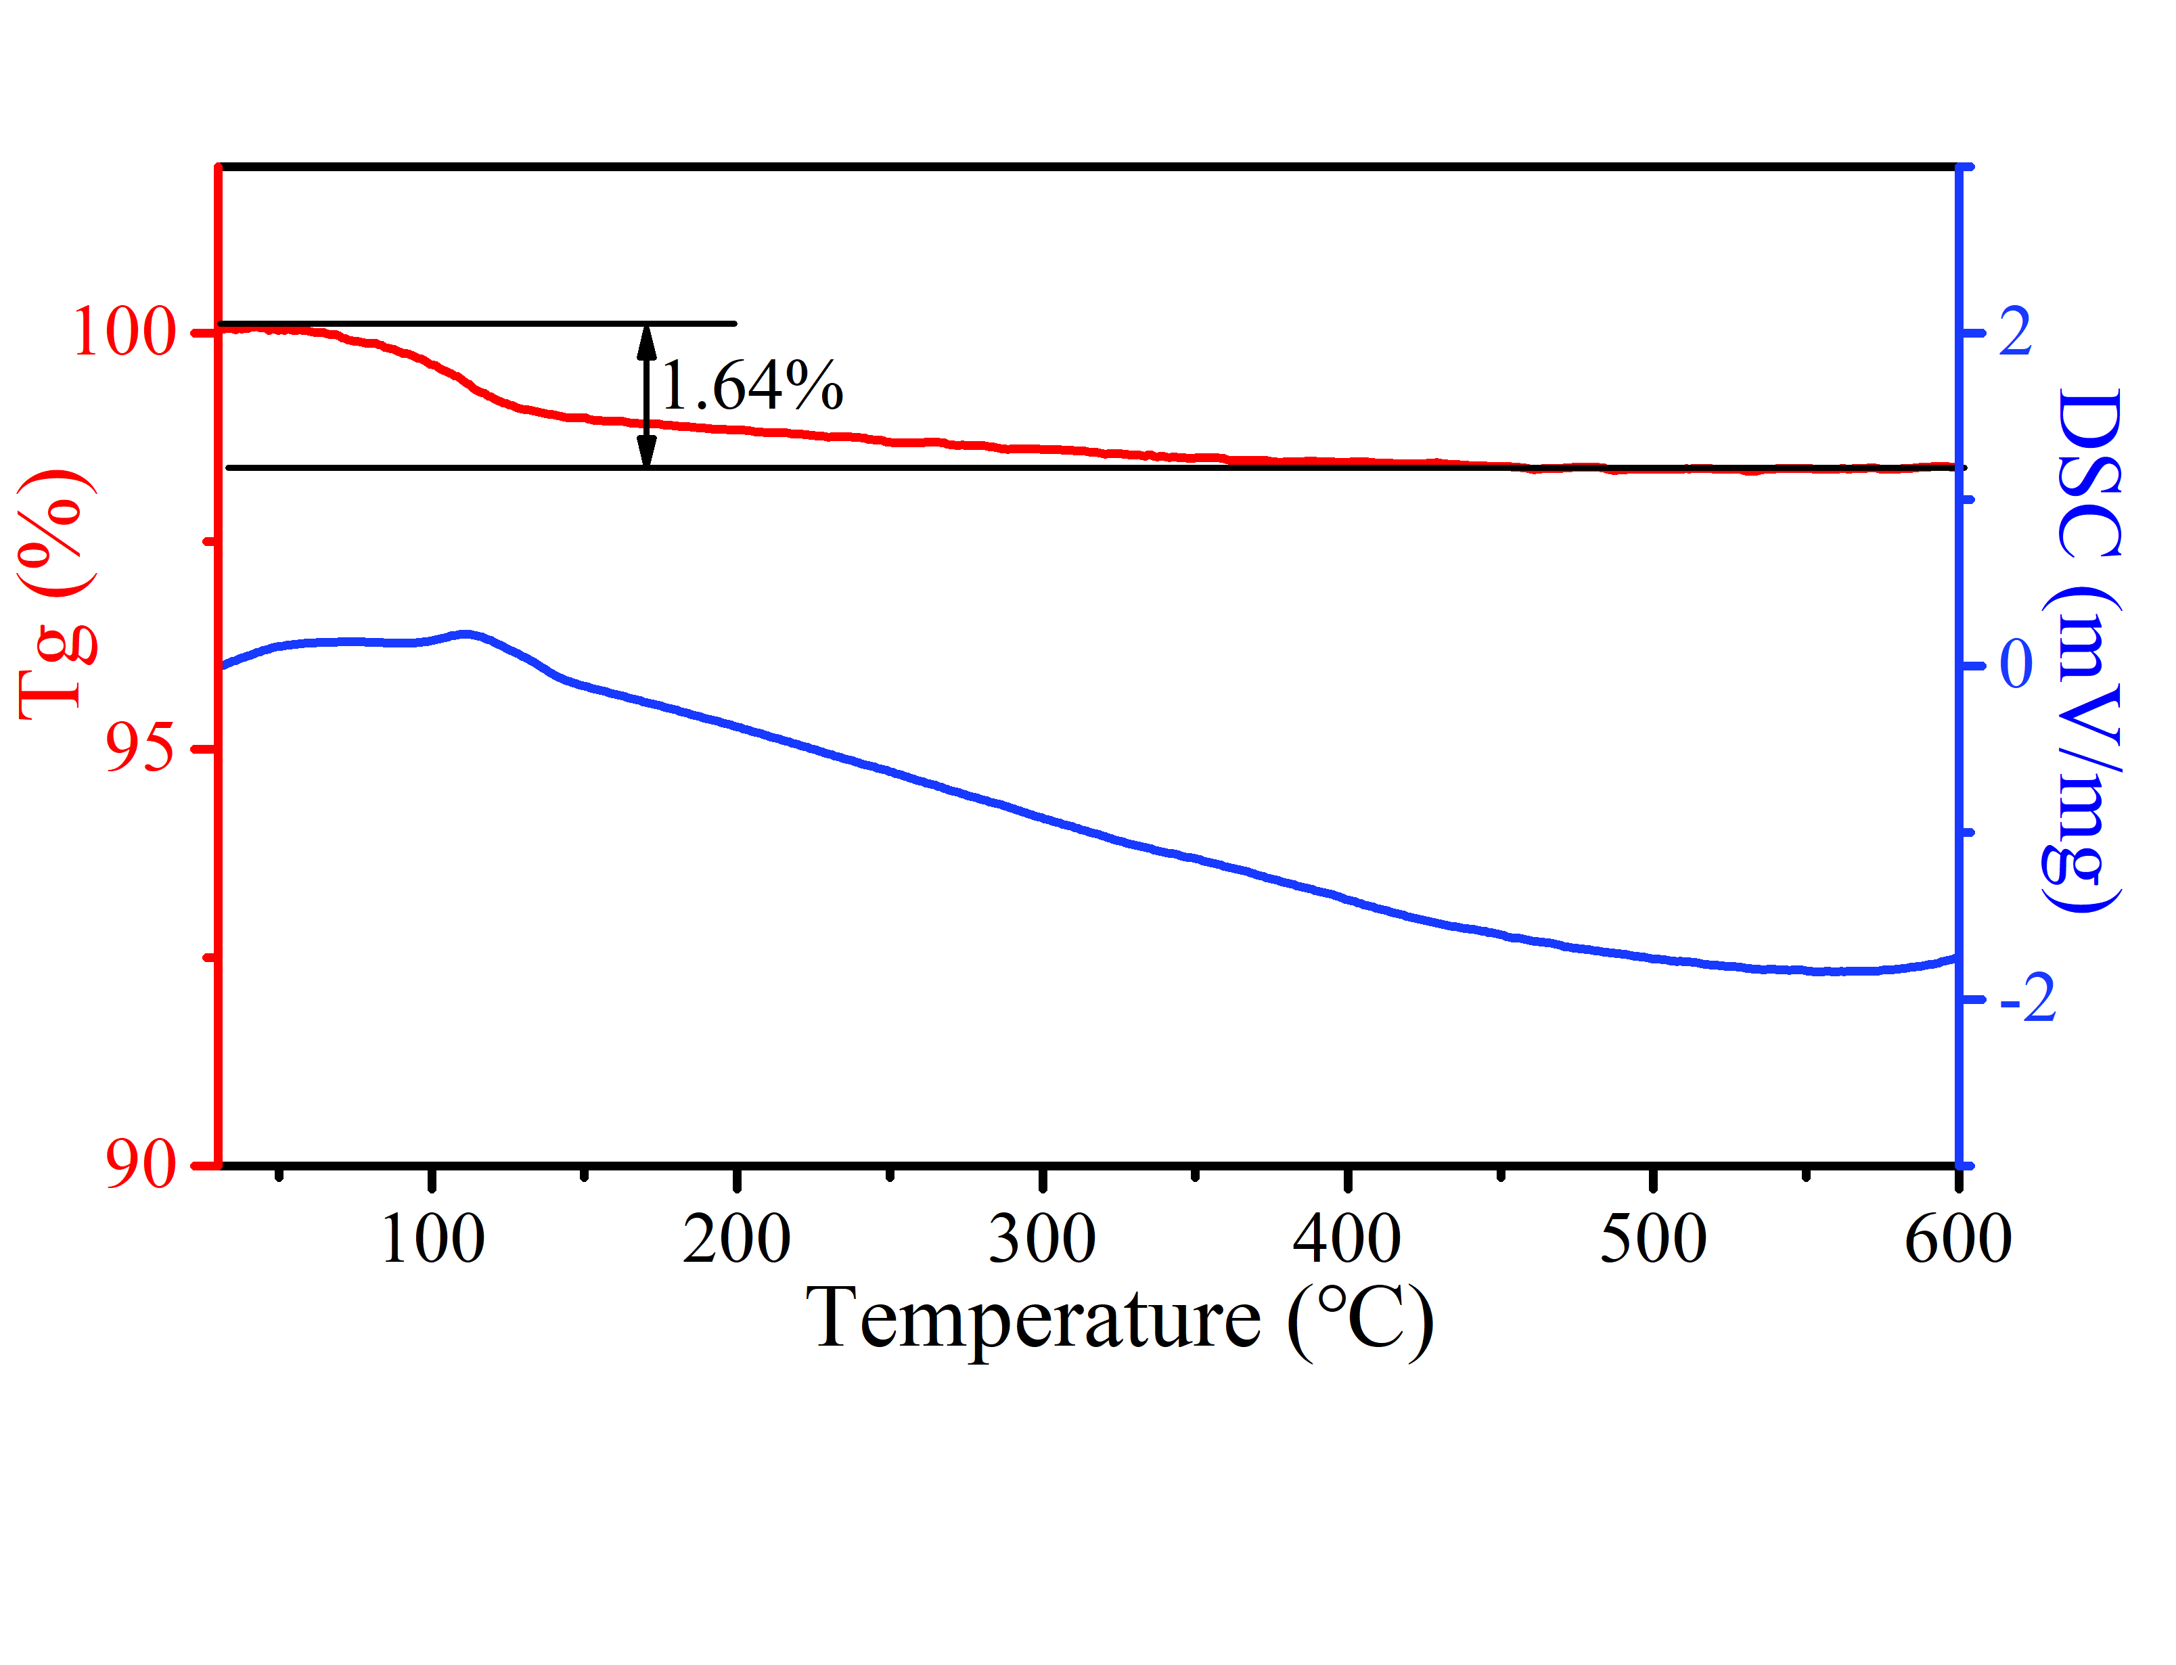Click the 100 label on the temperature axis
[x=432, y=1239]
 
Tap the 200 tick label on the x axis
[x=736, y=1239]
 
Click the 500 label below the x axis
[x=1653, y=1239]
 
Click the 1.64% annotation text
[x=751, y=386]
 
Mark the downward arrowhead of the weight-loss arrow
[x=646, y=451]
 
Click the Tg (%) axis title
[x=58, y=595]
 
